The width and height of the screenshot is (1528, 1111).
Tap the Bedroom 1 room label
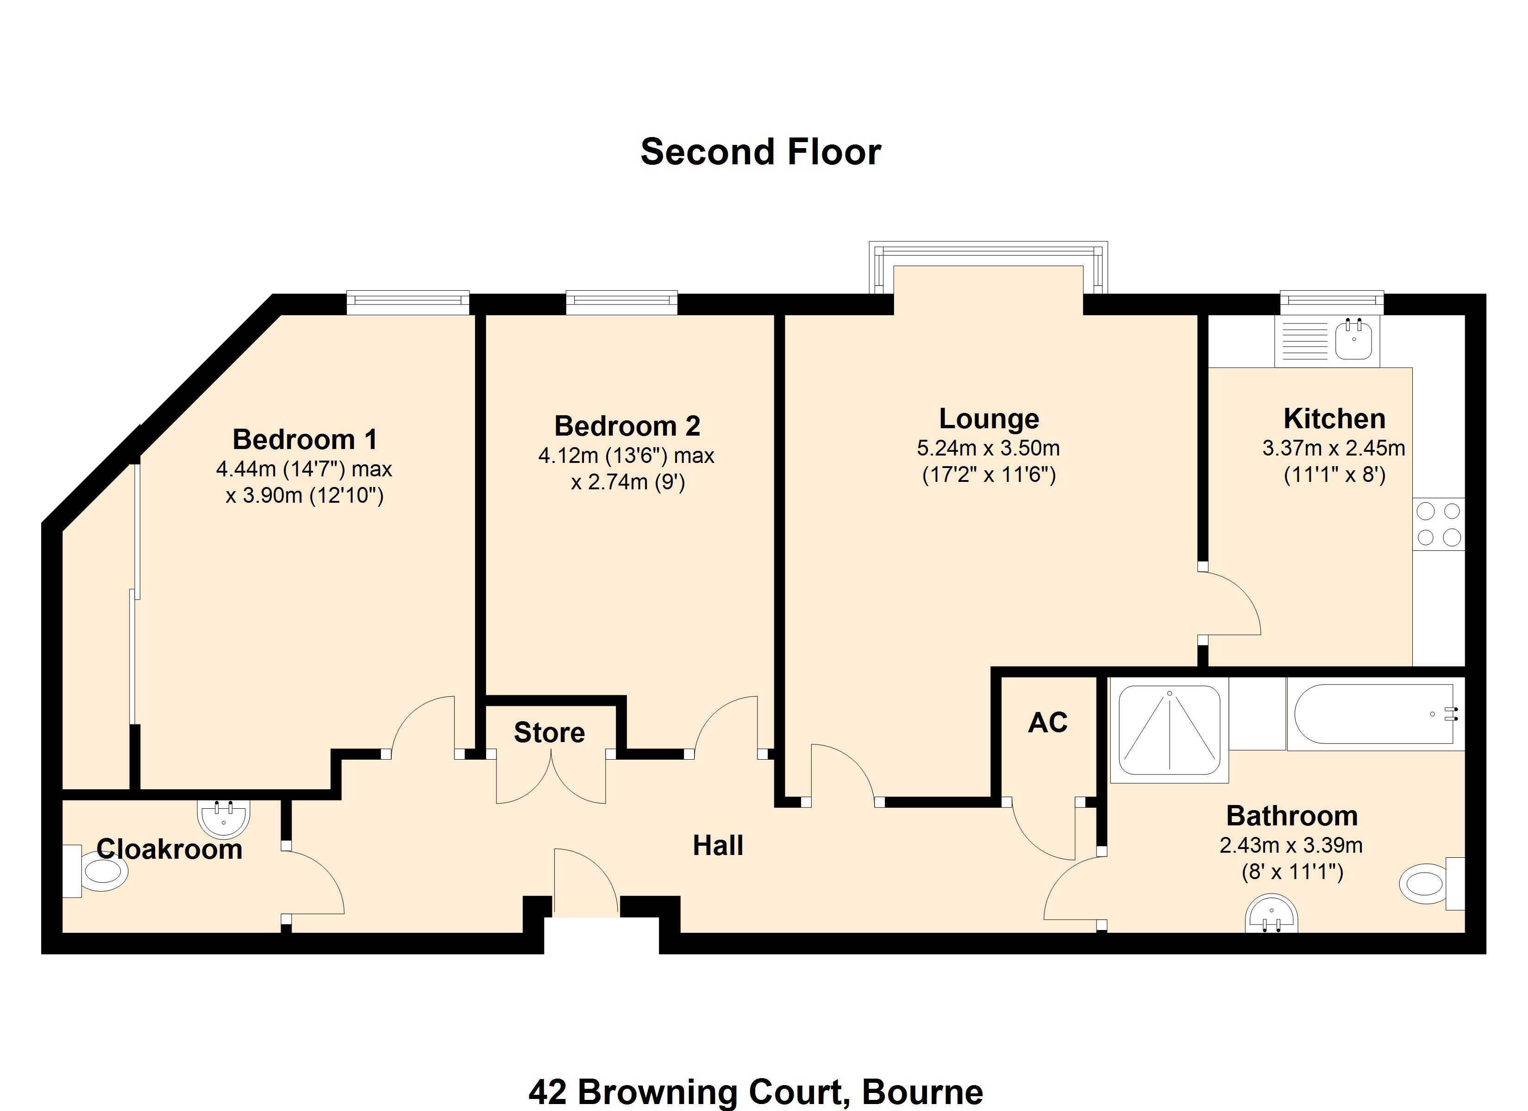(x=305, y=439)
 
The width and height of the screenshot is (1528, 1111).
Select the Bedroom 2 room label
(x=627, y=426)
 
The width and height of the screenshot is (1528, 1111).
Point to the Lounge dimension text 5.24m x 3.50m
(x=989, y=448)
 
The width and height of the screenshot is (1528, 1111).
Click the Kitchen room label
(x=1334, y=418)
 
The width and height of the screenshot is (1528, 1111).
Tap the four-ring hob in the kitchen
(x=1438, y=524)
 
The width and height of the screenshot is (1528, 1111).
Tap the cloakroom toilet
(x=95, y=871)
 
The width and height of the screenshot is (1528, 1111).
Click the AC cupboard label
(x=1048, y=722)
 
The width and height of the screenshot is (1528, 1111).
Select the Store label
(x=549, y=732)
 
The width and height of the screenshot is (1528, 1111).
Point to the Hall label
(x=718, y=846)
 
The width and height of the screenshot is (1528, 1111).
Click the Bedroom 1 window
(x=407, y=302)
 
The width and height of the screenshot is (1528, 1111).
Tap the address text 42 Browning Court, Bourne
(x=756, y=1092)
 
